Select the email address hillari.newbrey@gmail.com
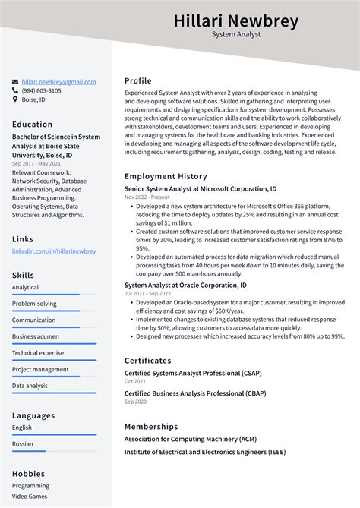pos(58,82)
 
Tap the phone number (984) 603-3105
pos(41,90)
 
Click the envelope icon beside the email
pos(15,82)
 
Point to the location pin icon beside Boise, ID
pos(15,99)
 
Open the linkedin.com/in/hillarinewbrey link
pos(54,251)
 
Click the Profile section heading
pos(138,80)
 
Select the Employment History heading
pos(166,176)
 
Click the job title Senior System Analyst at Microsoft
pos(201,188)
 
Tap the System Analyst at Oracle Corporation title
pos(185,285)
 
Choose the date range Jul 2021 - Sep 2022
pos(147,293)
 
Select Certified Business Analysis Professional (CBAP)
pos(195,393)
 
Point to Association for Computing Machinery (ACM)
pos(191,439)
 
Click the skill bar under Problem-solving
pos(54,311)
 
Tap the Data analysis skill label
pos(30,386)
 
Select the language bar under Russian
pos(54,451)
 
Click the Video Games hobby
pos(30,497)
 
